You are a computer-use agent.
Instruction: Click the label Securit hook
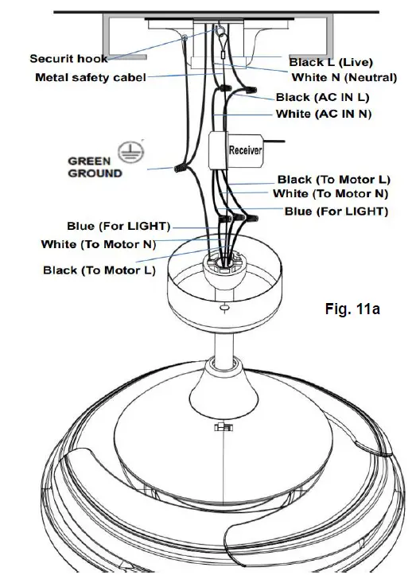69,59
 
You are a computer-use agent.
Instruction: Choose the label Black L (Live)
330,61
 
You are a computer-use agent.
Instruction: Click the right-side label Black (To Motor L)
334,181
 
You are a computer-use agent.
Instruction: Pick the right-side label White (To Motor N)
331,194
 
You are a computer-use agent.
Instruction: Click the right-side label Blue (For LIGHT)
336,212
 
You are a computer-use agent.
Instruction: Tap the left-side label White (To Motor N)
99,243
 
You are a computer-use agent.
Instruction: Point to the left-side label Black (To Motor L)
99,270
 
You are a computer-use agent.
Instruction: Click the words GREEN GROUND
95,166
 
